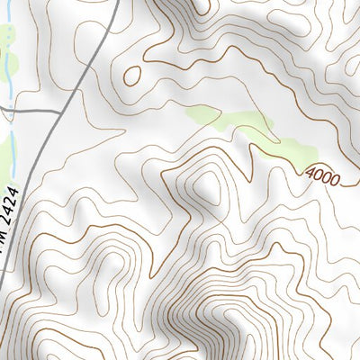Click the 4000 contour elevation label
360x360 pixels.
coord(322,175)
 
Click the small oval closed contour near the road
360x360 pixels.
coord(132,76)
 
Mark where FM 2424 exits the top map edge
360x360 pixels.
coord(118,2)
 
